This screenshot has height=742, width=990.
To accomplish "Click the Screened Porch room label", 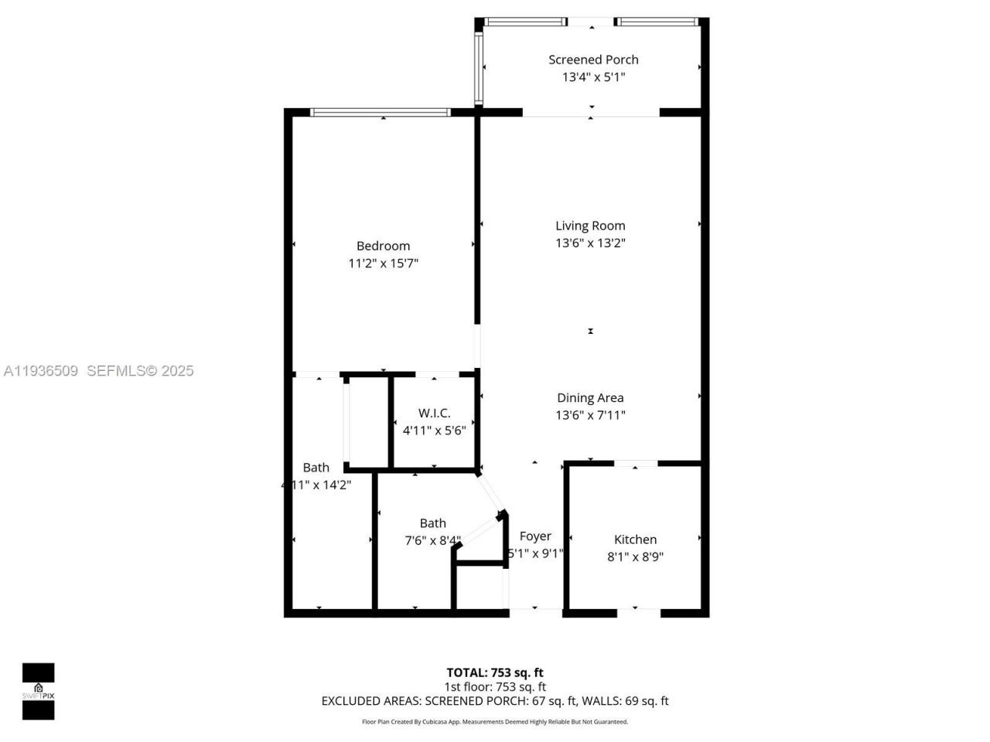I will (x=593, y=60).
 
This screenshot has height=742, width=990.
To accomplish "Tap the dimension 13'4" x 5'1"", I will (x=593, y=77).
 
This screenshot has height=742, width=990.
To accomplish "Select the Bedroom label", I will (x=383, y=246).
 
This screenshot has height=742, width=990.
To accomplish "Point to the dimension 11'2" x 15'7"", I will (x=383, y=264).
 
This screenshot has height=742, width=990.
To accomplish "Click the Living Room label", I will (x=590, y=226).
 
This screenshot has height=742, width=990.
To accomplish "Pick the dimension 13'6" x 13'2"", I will (x=590, y=243).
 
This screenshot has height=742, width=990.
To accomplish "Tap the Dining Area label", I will (x=590, y=398).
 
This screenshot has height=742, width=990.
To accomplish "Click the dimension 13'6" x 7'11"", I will (x=590, y=415).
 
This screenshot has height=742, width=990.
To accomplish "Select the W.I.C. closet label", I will (x=434, y=414).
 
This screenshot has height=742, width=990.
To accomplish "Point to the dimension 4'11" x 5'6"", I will (x=434, y=431).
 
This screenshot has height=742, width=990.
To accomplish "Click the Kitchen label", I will (x=635, y=539).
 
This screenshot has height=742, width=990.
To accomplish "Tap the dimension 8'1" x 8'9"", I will (x=635, y=556).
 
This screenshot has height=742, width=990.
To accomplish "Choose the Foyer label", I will (x=535, y=536).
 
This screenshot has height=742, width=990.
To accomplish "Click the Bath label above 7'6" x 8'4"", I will (x=432, y=523).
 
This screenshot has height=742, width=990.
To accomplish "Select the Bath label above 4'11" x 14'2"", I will (x=316, y=468).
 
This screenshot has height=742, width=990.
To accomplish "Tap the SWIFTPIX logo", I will (x=38, y=691).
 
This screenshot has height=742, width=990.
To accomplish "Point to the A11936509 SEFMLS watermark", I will (x=98, y=371).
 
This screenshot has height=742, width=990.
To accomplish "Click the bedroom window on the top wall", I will (x=380, y=113).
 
